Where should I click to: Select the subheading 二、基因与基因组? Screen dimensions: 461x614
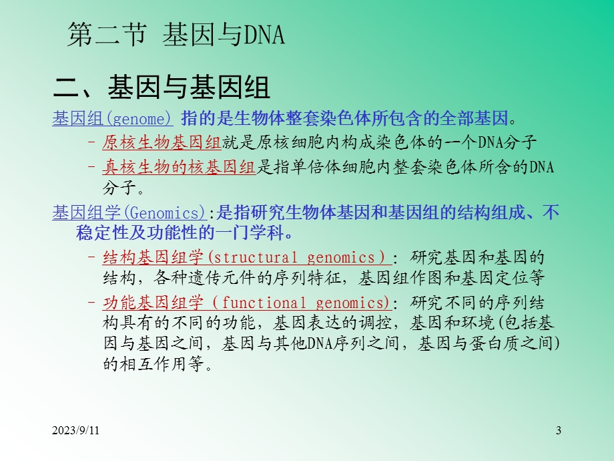click(x=162, y=88)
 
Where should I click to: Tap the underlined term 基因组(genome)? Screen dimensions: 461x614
click(x=112, y=120)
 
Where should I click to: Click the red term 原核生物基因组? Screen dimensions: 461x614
click(x=162, y=142)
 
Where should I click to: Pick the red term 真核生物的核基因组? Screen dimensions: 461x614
click(x=179, y=166)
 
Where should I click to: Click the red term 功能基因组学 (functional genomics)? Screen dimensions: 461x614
click(x=246, y=302)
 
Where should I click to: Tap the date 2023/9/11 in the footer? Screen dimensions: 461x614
click(x=78, y=431)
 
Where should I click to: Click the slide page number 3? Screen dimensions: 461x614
click(x=558, y=431)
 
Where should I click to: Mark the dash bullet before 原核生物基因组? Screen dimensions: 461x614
click(x=91, y=142)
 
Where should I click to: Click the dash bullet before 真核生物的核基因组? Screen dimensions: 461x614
click(x=91, y=166)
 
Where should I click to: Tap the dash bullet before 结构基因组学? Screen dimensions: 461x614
click(x=91, y=257)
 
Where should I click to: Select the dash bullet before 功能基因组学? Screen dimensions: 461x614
click(x=91, y=302)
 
